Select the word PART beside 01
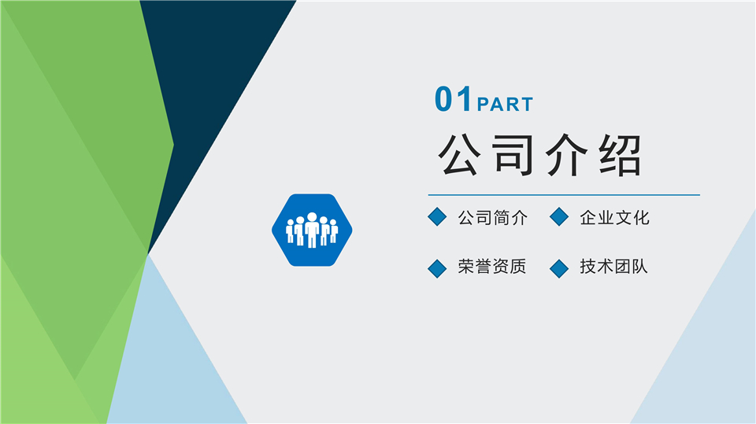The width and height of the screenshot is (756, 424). [505, 104]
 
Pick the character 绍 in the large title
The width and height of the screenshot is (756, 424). [619, 155]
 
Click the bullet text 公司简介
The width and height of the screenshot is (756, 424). [492, 218]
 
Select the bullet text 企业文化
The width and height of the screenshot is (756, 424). [614, 218]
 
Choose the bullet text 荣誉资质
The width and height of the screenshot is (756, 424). [492, 267]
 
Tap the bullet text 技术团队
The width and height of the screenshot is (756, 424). [614, 267]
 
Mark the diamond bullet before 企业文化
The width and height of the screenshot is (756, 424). [559, 217]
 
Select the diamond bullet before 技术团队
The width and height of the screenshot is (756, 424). [559, 268]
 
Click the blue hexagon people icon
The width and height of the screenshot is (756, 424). [312, 230]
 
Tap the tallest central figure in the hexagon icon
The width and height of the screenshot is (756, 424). [312, 230]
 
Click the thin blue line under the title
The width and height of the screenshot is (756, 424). [564, 194]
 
